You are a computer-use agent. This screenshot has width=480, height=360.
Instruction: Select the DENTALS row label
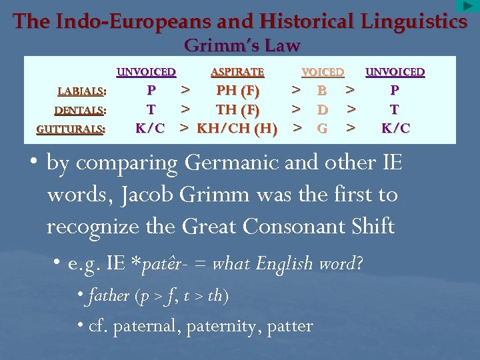click(x=81, y=110)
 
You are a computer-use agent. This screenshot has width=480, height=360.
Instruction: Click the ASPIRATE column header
click(x=237, y=72)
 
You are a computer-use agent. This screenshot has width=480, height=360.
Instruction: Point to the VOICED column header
click(x=323, y=72)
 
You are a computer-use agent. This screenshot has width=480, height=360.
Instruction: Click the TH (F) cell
click(x=238, y=109)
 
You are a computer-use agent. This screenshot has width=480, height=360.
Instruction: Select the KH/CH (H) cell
click(x=237, y=128)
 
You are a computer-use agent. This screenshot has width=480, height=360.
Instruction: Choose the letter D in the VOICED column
click(x=322, y=109)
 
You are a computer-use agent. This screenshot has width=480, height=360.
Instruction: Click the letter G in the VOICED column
click(x=322, y=128)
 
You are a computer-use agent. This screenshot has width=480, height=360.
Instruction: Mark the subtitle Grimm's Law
click(x=242, y=46)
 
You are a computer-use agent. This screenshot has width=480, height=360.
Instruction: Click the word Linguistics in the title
click(x=413, y=22)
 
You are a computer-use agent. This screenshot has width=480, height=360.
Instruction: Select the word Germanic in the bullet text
click(x=232, y=163)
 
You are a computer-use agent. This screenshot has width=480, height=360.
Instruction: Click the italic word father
click(x=108, y=295)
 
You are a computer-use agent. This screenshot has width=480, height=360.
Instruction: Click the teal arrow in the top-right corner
click(x=466, y=6)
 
